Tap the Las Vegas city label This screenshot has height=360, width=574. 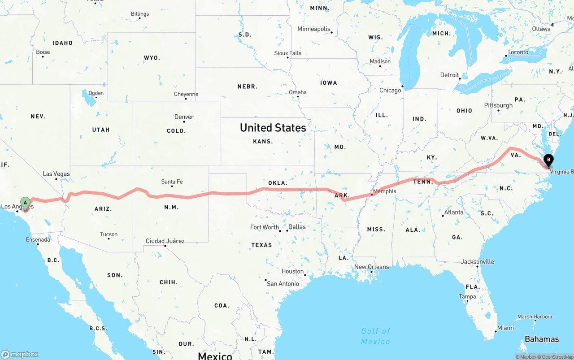[56, 174]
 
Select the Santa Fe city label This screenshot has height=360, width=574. [172, 182]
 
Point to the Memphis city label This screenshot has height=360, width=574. [384, 191]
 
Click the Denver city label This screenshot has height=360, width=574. [184, 117]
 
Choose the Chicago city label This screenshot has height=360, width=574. [390, 91]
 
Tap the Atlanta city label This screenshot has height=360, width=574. [453, 212]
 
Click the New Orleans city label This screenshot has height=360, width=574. [371, 267]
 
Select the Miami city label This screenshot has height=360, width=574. [505, 328]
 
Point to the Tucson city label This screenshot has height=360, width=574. [109, 234]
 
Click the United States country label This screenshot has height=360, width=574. [273, 128]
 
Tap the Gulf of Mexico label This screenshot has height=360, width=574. [376, 336]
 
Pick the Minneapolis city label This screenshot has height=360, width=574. [314, 29]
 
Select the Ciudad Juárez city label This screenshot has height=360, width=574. [165, 241]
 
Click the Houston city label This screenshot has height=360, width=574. [292, 271]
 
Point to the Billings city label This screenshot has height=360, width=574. [140, 14]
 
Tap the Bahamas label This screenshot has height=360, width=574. [542, 339]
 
